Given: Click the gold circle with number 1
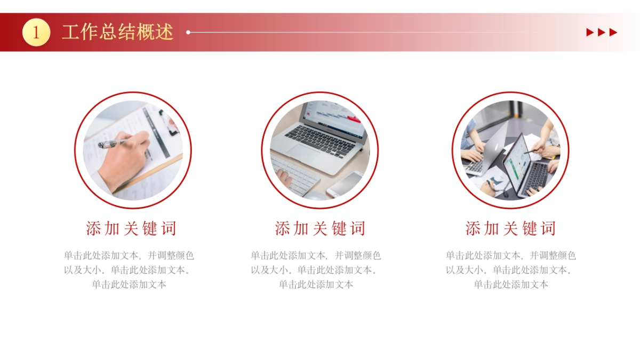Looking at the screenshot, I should click(x=36, y=33).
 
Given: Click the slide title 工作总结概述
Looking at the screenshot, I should click(x=117, y=32).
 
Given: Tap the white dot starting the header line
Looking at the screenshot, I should click(x=188, y=33).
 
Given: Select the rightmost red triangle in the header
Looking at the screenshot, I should click(x=613, y=33).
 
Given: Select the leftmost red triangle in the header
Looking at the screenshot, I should click(x=590, y=33).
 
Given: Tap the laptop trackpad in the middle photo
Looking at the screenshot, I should click(x=305, y=154).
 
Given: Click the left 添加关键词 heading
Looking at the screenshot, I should click(x=131, y=229).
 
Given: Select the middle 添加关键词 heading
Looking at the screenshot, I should click(x=320, y=229).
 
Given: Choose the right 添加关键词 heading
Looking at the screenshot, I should click(x=510, y=229).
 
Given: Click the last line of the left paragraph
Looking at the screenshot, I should click(x=129, y=284).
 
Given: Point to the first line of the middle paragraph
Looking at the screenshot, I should click(x=316, y=256).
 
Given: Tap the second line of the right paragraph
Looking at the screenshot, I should click(x=510, y=270).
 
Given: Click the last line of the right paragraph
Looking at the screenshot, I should click(x=510, y=284).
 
